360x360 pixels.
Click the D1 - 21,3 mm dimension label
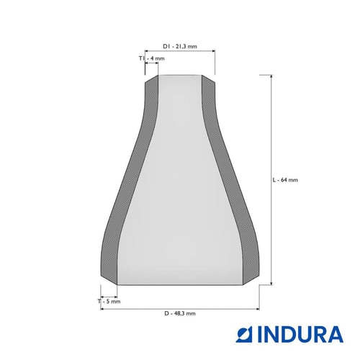(180, 46)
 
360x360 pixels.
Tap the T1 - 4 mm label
(152, 58)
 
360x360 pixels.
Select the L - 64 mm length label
(285, 180)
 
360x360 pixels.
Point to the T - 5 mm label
(109, 302)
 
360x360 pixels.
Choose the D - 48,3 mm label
(180, 313)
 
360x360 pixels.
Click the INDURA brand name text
(300, 334)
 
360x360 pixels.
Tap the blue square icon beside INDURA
(244, 334)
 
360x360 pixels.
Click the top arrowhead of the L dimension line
(271, 76)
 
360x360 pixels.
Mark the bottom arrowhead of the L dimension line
(271, 283)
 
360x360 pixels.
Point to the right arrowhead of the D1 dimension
(213, 50)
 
